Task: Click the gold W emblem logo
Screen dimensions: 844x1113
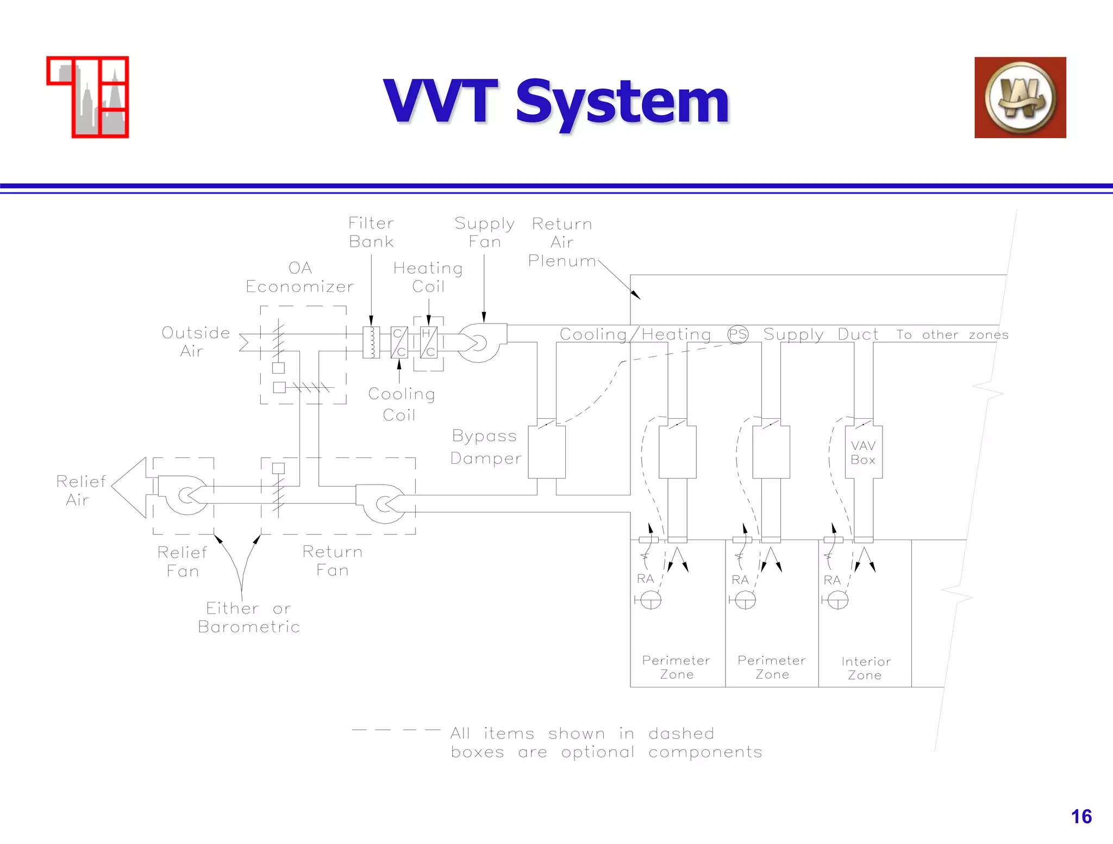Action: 1020,97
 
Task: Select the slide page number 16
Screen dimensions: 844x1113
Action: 1080,816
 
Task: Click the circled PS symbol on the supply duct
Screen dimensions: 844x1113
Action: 737,334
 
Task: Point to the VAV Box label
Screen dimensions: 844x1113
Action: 863,452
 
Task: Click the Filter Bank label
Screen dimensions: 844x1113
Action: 371,232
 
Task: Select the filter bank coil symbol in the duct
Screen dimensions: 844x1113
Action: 371,342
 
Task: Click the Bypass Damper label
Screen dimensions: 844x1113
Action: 485,447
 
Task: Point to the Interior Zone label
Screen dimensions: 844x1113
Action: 865,668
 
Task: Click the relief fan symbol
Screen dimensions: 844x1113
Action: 185,495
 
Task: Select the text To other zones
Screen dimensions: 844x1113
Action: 952,335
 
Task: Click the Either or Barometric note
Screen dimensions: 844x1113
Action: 249,617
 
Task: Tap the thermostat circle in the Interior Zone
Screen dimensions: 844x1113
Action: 837,600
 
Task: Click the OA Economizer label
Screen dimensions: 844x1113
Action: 299,277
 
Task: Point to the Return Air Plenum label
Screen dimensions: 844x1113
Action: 561,242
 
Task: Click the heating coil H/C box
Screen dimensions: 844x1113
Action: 429,343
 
